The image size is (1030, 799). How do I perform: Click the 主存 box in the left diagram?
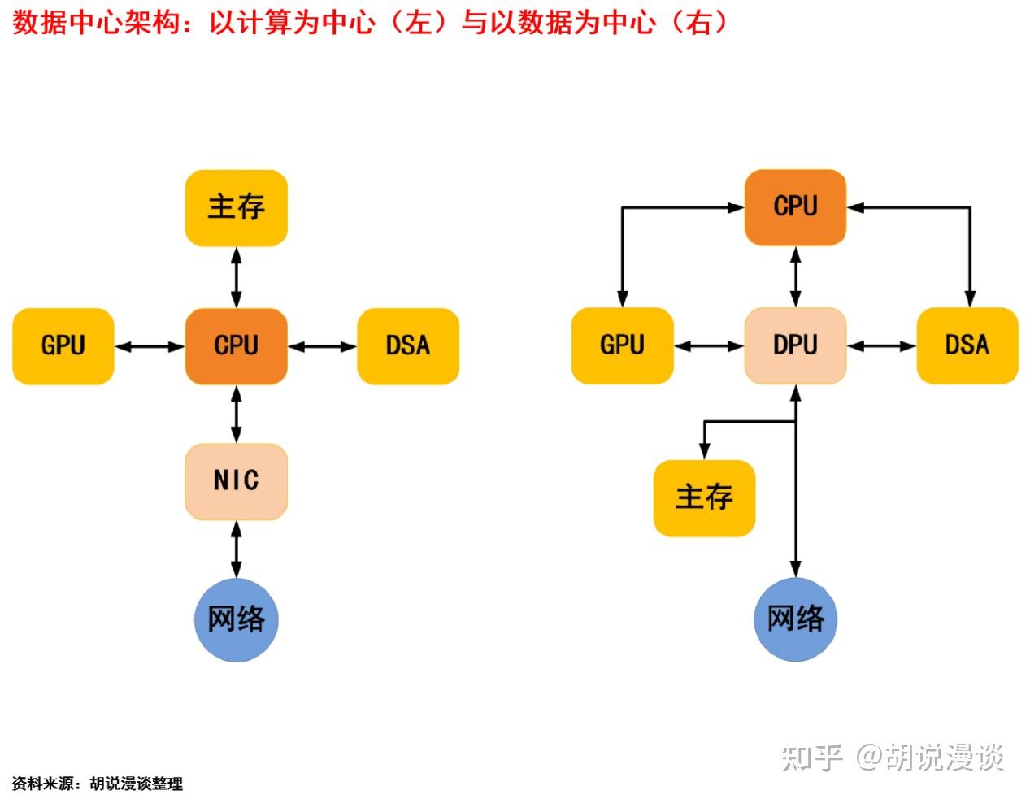236,207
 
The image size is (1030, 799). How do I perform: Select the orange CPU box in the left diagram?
236,346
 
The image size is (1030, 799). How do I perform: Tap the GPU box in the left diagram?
63,346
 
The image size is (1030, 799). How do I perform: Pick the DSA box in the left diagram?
408,346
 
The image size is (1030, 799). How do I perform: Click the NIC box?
236,481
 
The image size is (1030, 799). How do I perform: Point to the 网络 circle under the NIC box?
236,619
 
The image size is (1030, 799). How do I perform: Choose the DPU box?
795,346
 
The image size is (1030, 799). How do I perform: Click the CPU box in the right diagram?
795,206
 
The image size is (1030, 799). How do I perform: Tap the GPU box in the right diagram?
623,346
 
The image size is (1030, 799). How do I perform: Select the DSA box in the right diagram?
967,346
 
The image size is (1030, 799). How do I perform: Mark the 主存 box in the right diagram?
704,497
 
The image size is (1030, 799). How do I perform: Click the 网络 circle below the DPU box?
795,619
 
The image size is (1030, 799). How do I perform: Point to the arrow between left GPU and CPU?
150,347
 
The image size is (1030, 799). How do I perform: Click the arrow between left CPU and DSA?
322,347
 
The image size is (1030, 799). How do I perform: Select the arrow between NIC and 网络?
236,550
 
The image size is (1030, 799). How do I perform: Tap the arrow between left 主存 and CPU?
236,277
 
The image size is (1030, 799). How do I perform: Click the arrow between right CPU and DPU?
795,277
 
